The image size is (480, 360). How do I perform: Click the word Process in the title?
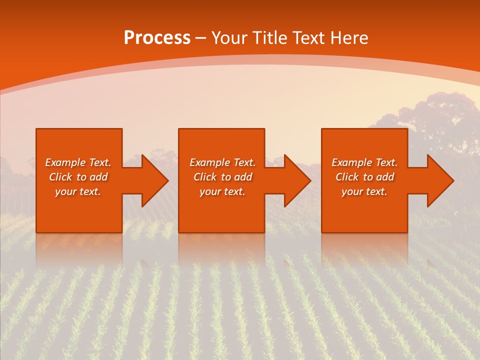coord(157,38)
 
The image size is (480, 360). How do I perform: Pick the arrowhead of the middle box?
coord(296,180)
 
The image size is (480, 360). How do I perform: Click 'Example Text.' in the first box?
coord(78,162)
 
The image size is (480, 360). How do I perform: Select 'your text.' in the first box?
coord(78,191)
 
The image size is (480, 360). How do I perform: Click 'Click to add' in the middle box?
coord(222,177)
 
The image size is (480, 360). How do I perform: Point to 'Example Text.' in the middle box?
coord(222,162)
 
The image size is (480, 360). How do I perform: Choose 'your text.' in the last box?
coord(364,191)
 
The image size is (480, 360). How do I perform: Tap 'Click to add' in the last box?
coord(364,177)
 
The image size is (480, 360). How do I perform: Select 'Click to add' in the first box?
coord(78,177)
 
